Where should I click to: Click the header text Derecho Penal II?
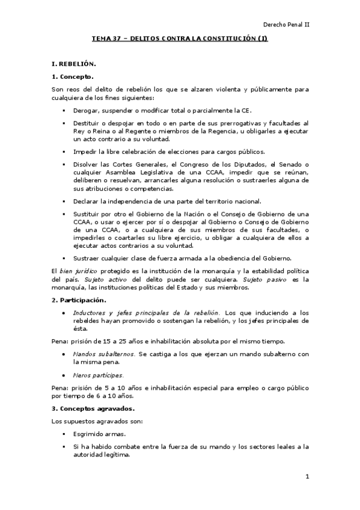pyautogui.click(x=286, y=25)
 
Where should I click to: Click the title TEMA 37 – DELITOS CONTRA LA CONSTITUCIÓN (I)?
pyautogui.click(x=179, y=39)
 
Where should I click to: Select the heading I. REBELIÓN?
pyautogui.click(x=73, y=63)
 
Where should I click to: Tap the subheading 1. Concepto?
pyautogui.click(x=73, y=76)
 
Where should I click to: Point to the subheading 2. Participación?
pyautogui.click(x=79, y=300)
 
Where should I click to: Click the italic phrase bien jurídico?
pyautogui.click(x=78, y=272)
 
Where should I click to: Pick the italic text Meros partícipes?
pyautogui.click(x=98, y=375)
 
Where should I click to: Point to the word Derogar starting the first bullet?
pyautogui.click(x=86, y=111)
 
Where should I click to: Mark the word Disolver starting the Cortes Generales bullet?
pyautogui.click(x=86, y=164)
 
